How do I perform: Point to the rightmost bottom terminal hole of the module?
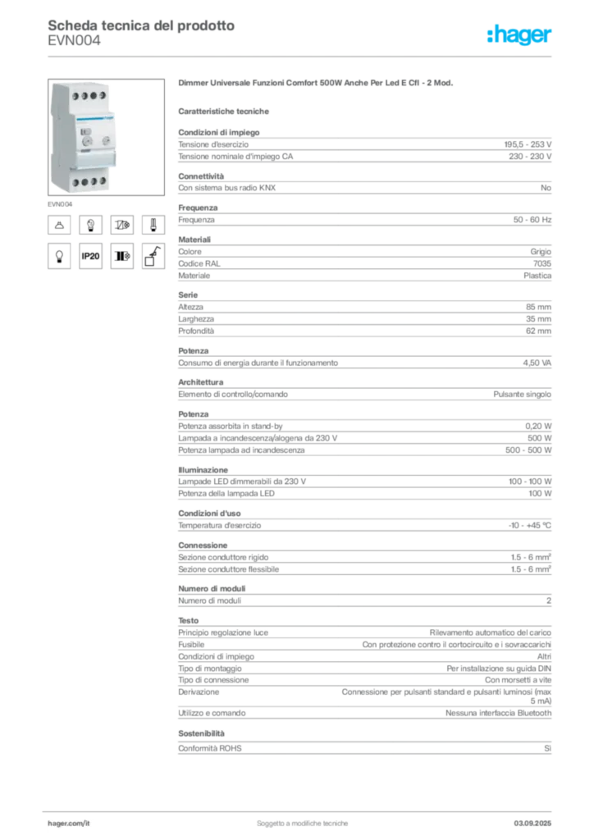[x=102, y=180]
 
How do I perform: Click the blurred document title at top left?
[x=139, y=26]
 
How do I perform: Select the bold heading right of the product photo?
[x=316, y=84]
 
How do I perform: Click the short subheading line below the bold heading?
[x=226, y=110]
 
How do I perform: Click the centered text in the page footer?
[x=304, y=818]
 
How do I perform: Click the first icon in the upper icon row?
[x=59, y=223]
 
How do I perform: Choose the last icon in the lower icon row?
[x=152, y=257]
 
